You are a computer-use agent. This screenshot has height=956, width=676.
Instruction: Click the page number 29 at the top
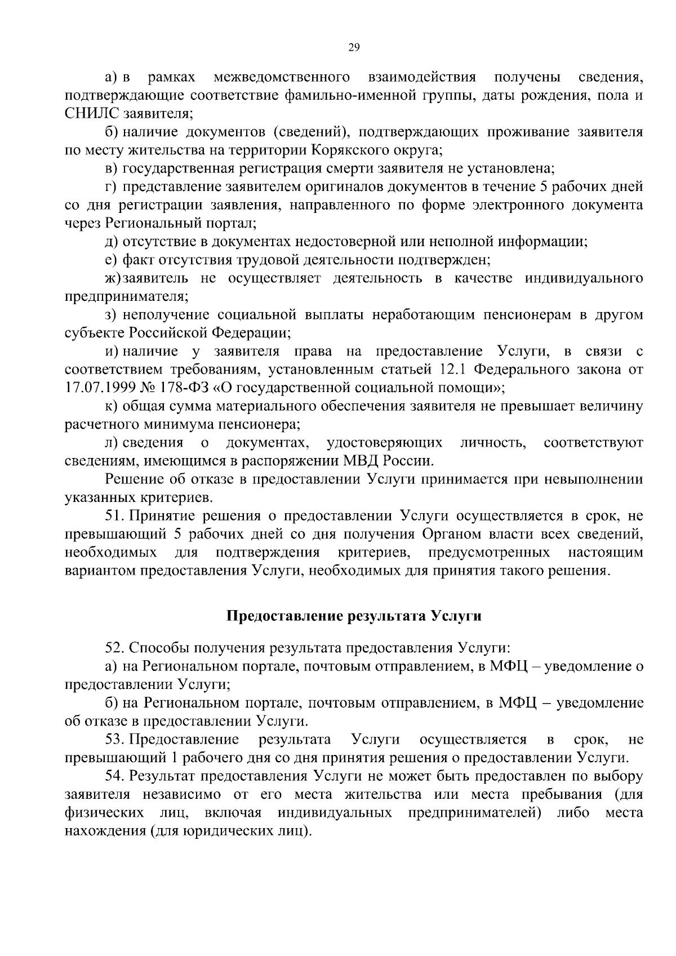point(354,47)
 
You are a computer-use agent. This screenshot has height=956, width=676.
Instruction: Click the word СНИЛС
point(92,113)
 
